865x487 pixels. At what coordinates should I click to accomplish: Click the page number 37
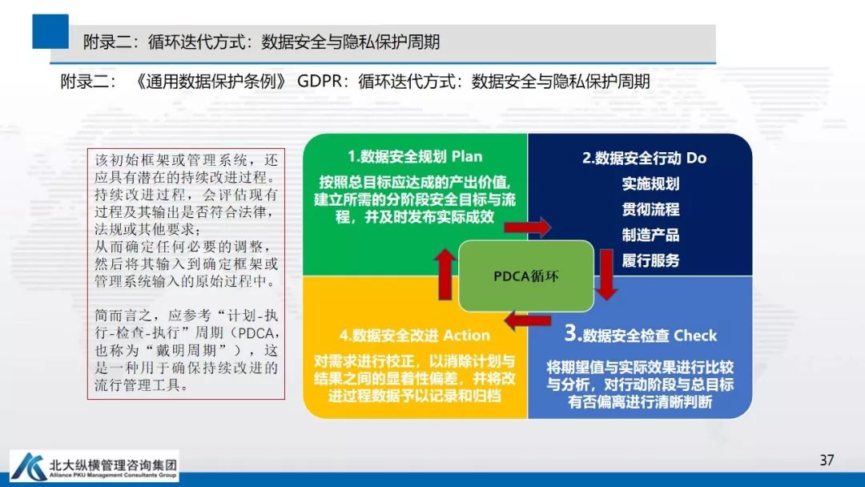point(827,460)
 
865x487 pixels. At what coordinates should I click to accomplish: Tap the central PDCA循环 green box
point(526,276)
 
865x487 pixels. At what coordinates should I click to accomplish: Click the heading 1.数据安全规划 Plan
point(415,156)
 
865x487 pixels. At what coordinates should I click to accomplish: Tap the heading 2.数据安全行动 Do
point(644,158)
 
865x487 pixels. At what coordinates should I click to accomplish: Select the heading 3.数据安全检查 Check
point(641,334)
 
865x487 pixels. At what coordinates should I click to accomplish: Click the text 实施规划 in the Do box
point(650,183)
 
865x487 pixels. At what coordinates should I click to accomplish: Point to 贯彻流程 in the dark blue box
point(650,209)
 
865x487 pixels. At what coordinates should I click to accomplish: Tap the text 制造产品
point(650,235)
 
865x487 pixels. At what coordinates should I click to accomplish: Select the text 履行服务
point(650,260)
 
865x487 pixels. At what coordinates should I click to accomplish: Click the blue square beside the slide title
point(50,31)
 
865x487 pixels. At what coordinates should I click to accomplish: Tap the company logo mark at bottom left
point(29,465)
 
